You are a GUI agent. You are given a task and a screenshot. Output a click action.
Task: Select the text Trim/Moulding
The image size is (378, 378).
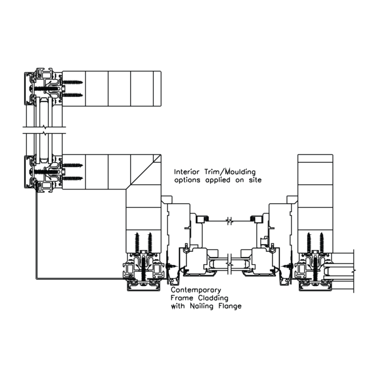tap(230, 172)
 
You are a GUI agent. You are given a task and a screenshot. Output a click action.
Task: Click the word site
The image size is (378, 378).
tap(255, 180)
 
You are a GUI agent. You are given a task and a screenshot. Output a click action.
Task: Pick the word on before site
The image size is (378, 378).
tap(239, 180)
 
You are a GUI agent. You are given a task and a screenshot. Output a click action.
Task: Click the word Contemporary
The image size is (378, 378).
tap(196, 290)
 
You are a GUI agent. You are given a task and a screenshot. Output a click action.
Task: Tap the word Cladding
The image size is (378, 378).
tap(213, 298)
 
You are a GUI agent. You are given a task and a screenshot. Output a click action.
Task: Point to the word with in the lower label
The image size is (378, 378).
tap(178, 306)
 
